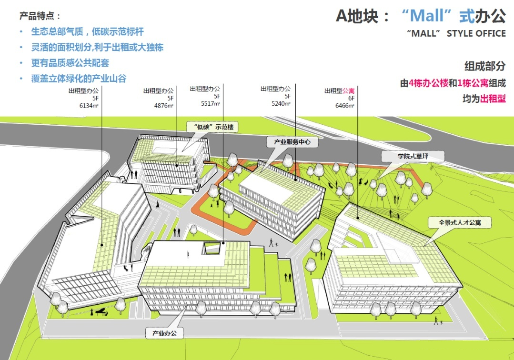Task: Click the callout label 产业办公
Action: [x=164, y=333]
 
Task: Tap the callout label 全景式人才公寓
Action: [x=460, y=223]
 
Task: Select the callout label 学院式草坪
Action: [x=413, y=156]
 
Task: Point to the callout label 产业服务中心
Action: [x=292, y=142]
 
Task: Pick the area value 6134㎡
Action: [x=89, y=106]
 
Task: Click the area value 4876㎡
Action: [x=163, y=106]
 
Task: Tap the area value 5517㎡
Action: [x=211, y=103]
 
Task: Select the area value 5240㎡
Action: [x=281, y=103]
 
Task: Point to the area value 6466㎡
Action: [x=344, y=106]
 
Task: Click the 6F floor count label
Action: [x=351, y=98]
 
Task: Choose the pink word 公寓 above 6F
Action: [x=348, y=91]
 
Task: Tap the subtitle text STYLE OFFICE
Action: [x=476, y=33]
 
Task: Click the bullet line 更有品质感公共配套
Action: [x=70, y=63]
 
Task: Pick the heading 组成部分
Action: [x=485, y=66]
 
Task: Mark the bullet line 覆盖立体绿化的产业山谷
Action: [x=79, y=79]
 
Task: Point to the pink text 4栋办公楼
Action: [x=428, y=83]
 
